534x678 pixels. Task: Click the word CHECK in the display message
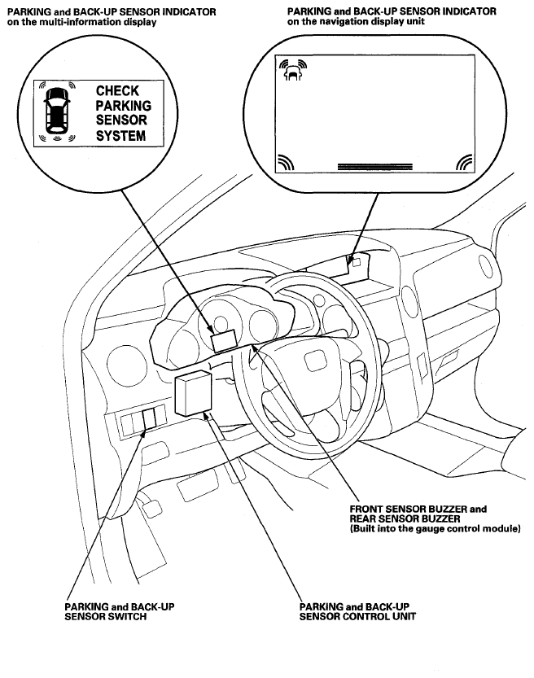[x=117, y=91]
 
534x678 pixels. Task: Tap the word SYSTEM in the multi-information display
[x=120, y=136]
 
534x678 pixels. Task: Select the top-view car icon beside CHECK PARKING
[x=57, y=111]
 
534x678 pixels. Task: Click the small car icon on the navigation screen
[x=293, y=71]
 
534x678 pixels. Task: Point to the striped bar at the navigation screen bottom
[x=375, y=167]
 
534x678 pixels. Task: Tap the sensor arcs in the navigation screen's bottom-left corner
[x=286, y=162]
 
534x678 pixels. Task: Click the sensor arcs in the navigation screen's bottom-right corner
[x=465, y=162]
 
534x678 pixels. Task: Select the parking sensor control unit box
[x=193, y=393]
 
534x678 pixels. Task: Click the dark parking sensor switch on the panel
[x=149, y=419]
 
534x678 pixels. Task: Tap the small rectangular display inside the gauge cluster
[x=224, y=341]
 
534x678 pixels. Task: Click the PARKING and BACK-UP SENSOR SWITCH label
[x=120, y=611]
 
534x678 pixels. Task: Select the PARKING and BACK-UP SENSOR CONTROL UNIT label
[x=357, y=611]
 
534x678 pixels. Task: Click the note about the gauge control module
[x=435, y=529]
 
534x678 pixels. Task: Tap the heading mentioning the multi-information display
[x=112, y=16]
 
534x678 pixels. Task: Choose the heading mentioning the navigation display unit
[x=392, y=16]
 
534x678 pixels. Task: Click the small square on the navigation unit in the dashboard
[x=357, y=262]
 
